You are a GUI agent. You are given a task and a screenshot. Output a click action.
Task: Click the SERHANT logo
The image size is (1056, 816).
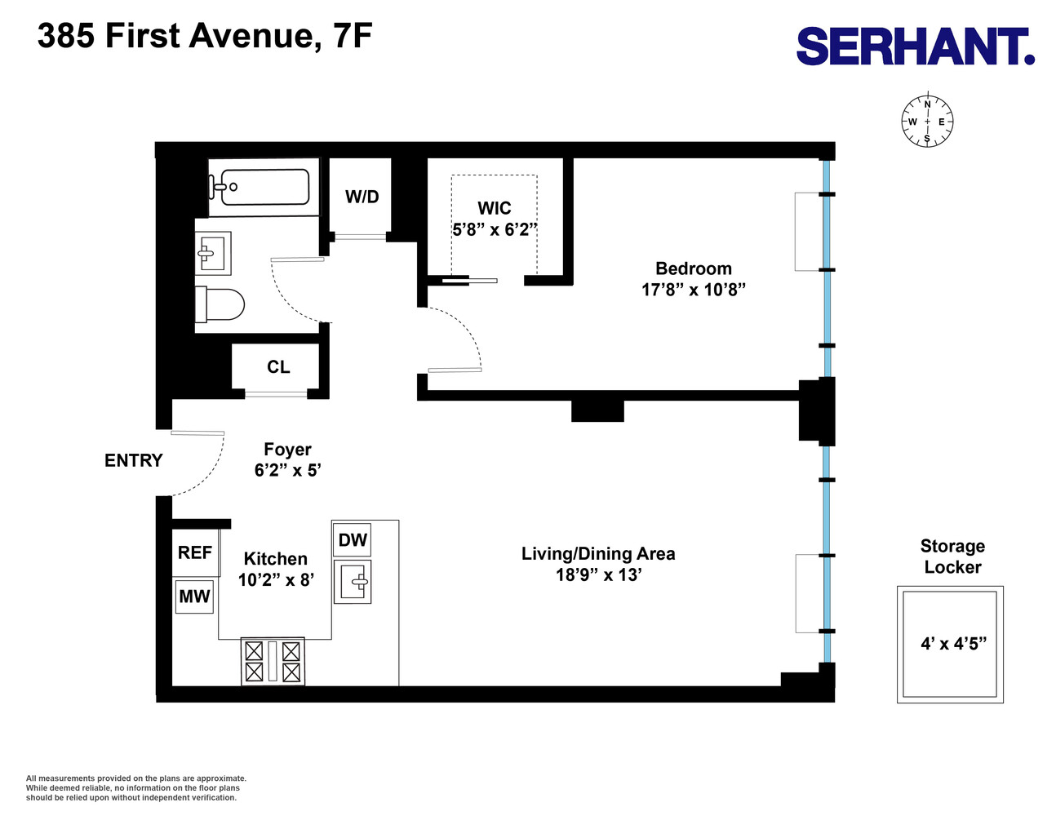(x=915, y=47)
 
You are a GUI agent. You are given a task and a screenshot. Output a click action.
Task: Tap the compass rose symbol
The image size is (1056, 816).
(x=927, y=122)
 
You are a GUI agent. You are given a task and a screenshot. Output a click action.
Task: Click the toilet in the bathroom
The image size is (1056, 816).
(x=220, y=305)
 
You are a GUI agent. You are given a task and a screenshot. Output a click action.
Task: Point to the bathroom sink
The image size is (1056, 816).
(x=213, y=254)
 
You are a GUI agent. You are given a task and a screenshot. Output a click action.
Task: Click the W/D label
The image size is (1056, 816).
(x=362, y=197)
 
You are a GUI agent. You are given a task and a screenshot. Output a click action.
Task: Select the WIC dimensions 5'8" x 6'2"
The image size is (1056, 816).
(x=495, y=230)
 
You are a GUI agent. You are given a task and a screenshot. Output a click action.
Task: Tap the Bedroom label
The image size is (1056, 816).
(x=693, y=268)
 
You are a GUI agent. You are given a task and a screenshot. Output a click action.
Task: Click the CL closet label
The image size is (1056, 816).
(x=278, y=367)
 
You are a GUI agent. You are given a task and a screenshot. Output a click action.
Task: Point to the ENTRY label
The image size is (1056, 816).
(x=133, y=460)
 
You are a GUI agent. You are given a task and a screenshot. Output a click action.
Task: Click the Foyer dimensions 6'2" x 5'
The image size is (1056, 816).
(x=287, y=471)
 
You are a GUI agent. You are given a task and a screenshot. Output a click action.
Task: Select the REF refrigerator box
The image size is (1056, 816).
(x=195, y=552)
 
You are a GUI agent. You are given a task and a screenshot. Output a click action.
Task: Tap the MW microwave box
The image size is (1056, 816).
(x=194, y=596)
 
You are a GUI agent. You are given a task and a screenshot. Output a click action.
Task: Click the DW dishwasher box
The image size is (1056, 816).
(x=353, y=540)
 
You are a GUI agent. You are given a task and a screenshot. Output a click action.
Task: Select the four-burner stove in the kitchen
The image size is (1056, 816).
(x=273, y=661)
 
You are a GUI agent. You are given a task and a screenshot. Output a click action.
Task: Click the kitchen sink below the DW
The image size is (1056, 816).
(x=353, y=582)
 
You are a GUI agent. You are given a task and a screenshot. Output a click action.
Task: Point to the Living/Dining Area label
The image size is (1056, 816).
(x=598, y=554)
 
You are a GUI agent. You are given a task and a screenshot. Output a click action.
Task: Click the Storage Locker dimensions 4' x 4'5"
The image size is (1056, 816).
(x=953, y=644)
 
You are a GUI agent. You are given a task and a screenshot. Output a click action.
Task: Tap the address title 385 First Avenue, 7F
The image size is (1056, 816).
(x=205, y=36)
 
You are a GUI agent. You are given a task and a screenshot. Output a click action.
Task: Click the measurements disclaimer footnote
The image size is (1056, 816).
(x=135, y=787)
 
